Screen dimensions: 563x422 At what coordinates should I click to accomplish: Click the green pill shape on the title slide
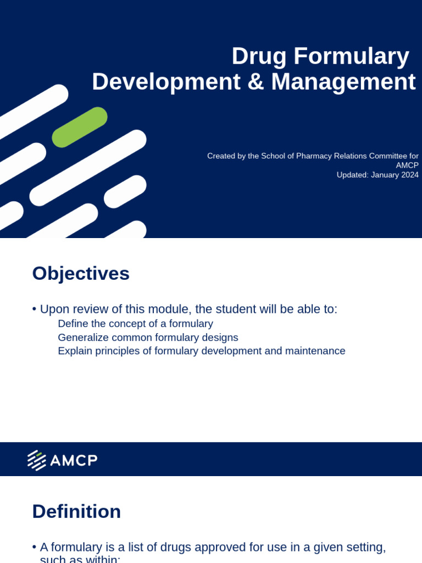[x=80, y=127]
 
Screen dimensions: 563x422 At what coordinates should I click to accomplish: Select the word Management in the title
[x=343, y=82]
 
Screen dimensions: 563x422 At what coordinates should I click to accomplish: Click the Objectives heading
[x=81, y=273]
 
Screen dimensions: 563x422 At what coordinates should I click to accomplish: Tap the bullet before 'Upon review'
[x=35, y=310]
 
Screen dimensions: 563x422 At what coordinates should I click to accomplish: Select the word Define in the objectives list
[x=71, y=324]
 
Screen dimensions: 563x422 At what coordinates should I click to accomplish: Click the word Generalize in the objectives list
[x=82, y=337]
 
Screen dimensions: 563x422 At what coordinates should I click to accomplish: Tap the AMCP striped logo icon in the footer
[x=37, y=460]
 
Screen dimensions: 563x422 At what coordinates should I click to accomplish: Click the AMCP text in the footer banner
[x=74, y=460]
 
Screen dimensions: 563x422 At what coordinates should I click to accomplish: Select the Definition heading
[x=76, y=511]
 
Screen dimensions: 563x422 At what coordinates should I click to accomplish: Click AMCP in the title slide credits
[x=407, y=165]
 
